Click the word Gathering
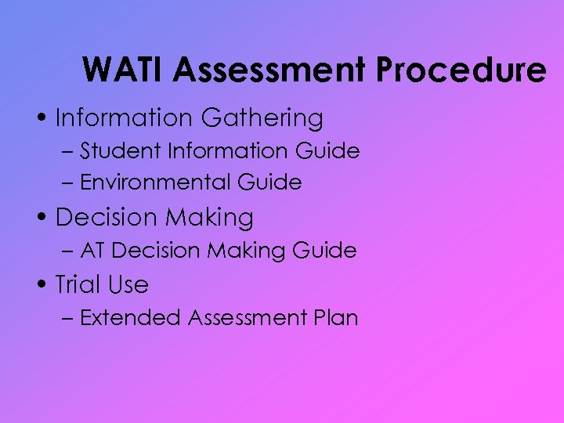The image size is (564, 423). point(262,118)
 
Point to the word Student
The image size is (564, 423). point(117,150)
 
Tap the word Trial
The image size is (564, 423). point(78,284)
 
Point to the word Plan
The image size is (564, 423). point(338,318)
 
